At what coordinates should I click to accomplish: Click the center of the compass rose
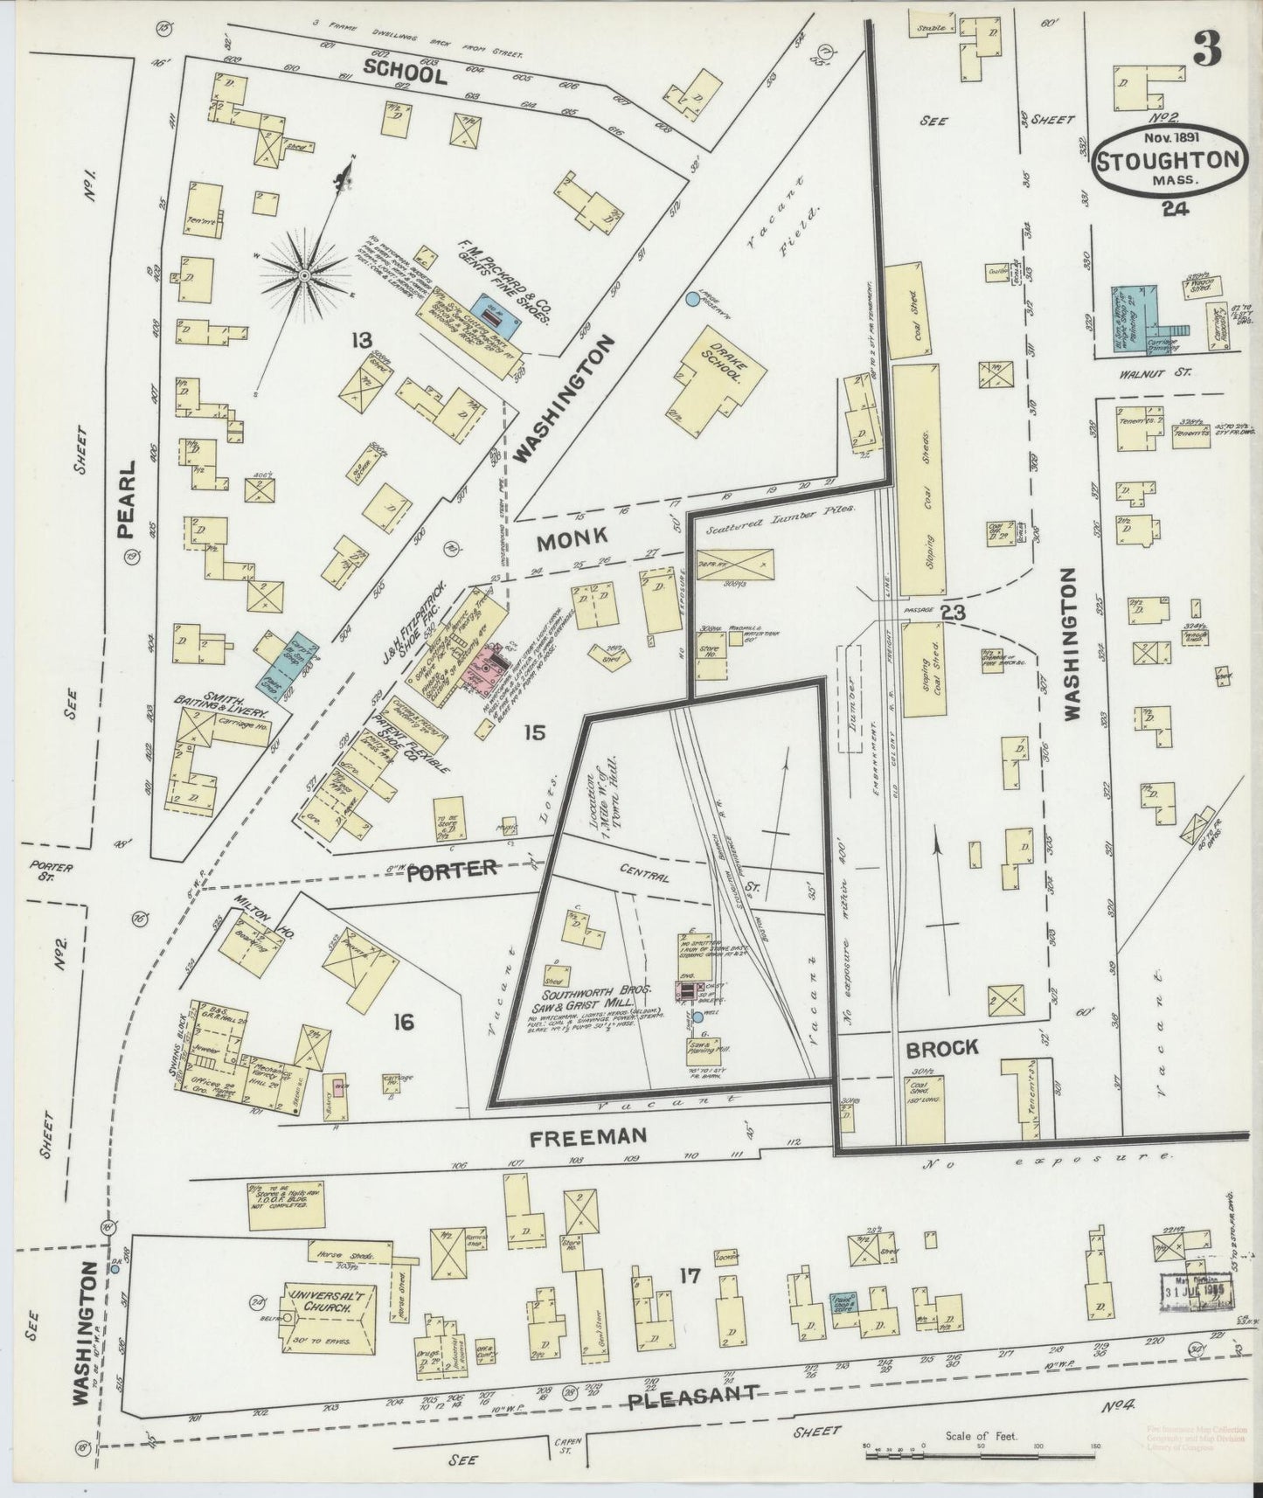pyautogui.click(x=305, y=276)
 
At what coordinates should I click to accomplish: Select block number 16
pyautogui.click(x=403, y=1021)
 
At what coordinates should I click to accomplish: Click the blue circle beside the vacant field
pyautogui.click(x=692, y=299)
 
